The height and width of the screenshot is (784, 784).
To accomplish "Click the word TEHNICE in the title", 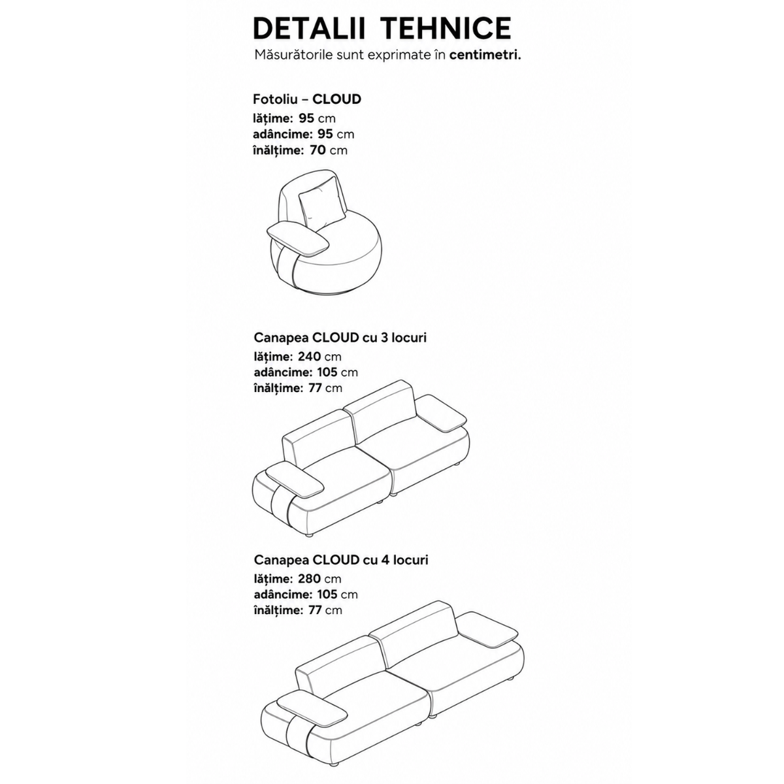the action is tap(446, 28).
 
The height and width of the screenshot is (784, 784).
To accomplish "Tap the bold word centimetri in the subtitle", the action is tap(485, 55).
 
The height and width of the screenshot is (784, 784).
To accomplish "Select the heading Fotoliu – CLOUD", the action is tap(307, 99).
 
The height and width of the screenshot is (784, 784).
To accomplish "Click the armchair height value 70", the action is tap(318, 150).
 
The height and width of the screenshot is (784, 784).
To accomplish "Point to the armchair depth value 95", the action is tap(325, 135).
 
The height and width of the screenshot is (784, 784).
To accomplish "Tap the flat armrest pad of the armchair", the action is tap(297, 240).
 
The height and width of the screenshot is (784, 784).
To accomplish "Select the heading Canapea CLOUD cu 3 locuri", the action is tap(340, 337).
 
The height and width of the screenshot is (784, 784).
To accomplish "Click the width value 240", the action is tap(310, 357).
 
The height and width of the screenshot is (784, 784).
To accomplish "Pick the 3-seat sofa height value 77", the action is tap(316, 387).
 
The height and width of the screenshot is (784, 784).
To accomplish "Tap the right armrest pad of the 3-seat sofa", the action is tap(442, 414).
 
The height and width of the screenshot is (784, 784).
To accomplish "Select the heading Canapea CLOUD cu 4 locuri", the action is tap(341, 560).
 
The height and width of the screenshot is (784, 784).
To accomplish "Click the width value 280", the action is tap(310, 579).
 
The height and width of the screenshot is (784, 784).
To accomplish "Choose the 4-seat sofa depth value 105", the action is tap(327, 595).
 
